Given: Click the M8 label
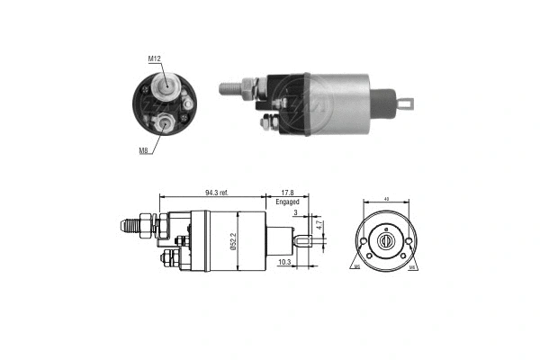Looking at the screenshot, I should (143, 150).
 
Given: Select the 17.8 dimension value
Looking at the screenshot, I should (287, 193).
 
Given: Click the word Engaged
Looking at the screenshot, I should (288, 203).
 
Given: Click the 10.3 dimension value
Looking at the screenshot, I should (284, 262).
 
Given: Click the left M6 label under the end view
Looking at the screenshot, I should (356, 267).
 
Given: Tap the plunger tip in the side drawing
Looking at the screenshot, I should (303, 240).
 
